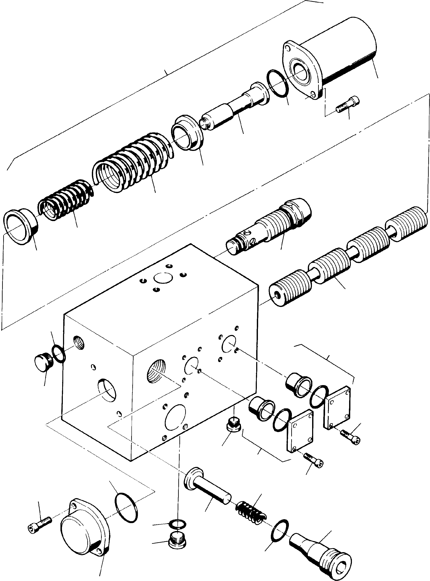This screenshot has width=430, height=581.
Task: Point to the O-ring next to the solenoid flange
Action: (277, 83)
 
